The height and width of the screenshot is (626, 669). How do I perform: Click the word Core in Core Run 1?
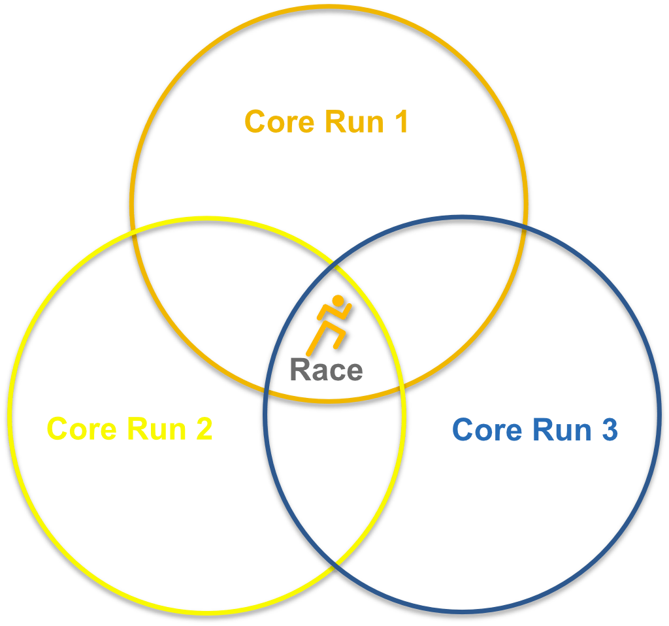tap(280, 122)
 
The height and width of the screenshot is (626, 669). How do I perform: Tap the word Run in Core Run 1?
tap(355, 122)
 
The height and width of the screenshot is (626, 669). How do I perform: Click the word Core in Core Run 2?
tap(82, 429)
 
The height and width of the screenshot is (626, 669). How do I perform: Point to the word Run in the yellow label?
tap(157, 429)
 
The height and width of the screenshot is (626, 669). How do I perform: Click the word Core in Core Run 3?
tap(487, 430)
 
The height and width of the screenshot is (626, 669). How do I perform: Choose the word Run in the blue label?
tap(562, 430)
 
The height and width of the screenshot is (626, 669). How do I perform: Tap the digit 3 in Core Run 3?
tap(610, 429)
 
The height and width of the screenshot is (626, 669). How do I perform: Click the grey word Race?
tap(327, 370)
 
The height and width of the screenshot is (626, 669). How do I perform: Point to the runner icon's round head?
tap(338, 301)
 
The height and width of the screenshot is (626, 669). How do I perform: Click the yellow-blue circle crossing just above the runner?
tap(335, 267)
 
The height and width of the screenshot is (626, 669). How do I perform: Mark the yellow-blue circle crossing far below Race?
tap(335, 563)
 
